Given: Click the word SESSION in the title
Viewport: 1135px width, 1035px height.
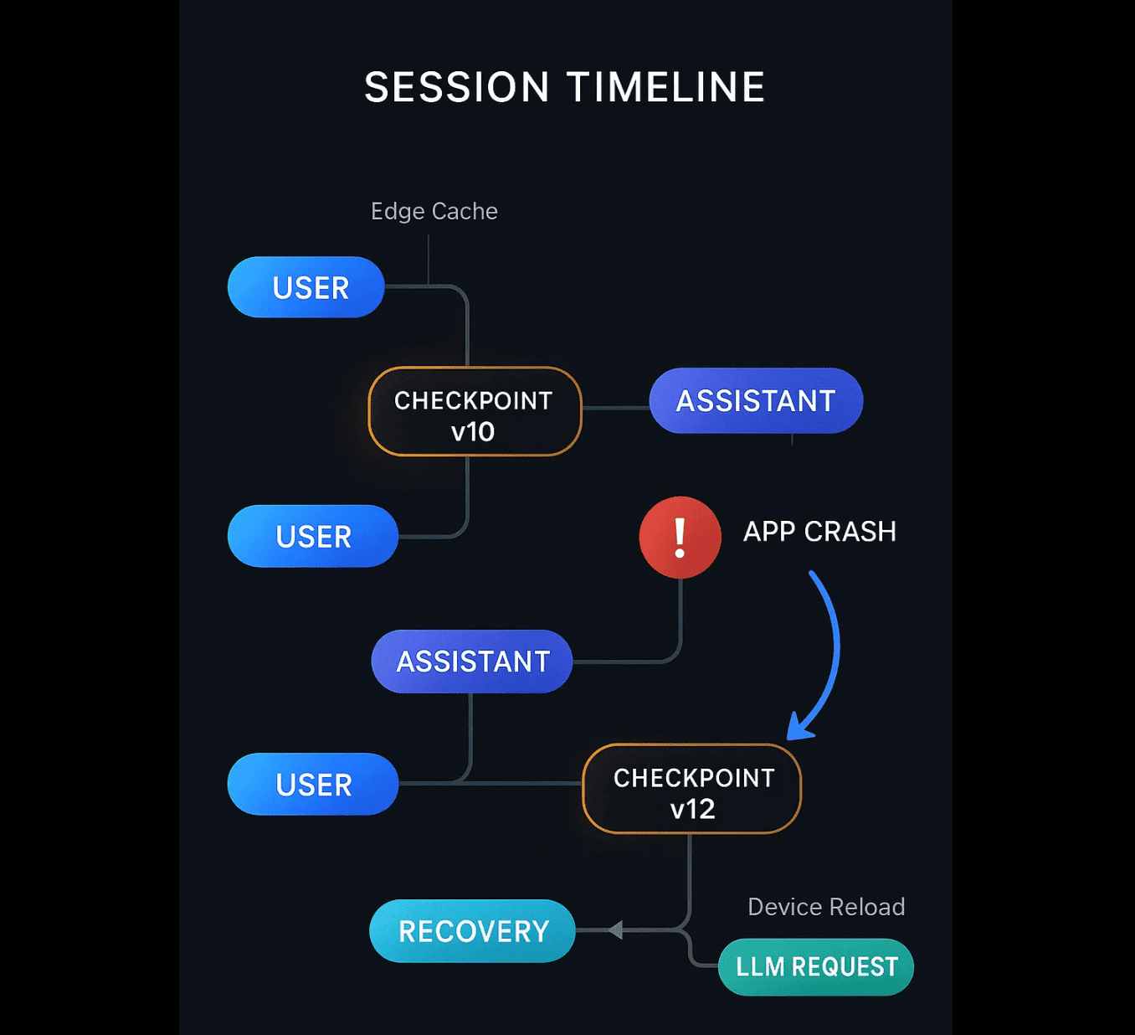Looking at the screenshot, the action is tap(457, 87).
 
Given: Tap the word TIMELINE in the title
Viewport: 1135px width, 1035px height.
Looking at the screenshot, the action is tap(666, 87).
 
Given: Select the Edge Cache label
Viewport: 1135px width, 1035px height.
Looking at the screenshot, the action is tap(434, 211).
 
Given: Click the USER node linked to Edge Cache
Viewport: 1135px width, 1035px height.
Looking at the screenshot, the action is tap(306, 287).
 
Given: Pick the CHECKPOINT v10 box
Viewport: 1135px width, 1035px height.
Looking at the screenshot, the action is tap(475, 412).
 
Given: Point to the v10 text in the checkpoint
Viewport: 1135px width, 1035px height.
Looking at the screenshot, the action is tap(473, 432).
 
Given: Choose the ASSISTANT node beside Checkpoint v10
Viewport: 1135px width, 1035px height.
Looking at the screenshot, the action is tap(756, 401).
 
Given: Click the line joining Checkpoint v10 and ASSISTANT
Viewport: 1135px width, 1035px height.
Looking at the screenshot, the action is tap(615, 408).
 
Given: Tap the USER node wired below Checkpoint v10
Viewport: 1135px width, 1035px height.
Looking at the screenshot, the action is tap(313, 536).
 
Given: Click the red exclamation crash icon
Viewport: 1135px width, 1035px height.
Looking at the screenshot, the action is tap(680, 538).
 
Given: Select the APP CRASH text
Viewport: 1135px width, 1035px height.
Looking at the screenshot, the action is tap(819, 532).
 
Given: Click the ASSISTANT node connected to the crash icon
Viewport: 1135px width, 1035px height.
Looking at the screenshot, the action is tap(472, 662).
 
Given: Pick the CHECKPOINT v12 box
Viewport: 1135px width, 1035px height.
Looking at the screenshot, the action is tap(692, 789).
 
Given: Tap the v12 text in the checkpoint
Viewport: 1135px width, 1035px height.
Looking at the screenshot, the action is tap(692, 809).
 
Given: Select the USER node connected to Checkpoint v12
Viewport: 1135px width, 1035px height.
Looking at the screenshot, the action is tap(313, 784).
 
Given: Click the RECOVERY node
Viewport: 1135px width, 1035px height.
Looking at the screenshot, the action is tap(472, 931).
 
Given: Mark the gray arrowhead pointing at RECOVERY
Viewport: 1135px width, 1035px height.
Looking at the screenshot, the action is tap(615, 929).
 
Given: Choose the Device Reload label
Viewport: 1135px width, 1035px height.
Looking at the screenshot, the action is tap(826, 907).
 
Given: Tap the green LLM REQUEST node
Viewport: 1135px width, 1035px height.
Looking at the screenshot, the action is tap(816, 966).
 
